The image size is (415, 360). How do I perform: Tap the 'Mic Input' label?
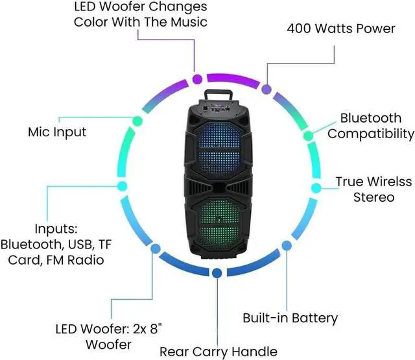[57, 132]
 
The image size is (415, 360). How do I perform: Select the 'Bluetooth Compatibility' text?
[370, 126]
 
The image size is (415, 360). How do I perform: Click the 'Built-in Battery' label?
[290, 318]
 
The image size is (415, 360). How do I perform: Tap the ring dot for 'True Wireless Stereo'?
[316, 187]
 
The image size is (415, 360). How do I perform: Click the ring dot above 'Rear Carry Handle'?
[217, 272]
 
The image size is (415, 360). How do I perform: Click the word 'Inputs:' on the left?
[56, 229]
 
